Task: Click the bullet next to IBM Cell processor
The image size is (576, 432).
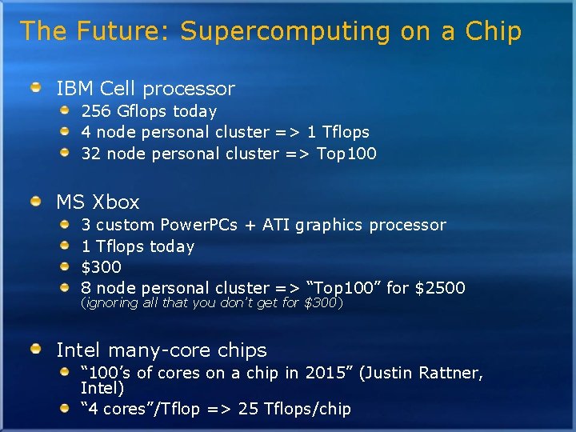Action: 37,87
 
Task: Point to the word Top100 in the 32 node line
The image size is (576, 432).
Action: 346,153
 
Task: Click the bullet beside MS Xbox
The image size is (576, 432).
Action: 37,201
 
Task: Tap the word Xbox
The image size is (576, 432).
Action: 116,202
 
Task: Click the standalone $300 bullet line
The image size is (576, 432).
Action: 101,266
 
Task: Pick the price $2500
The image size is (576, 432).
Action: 438,287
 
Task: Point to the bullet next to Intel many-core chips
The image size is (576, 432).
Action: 37,349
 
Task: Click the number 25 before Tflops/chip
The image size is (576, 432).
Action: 248,409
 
